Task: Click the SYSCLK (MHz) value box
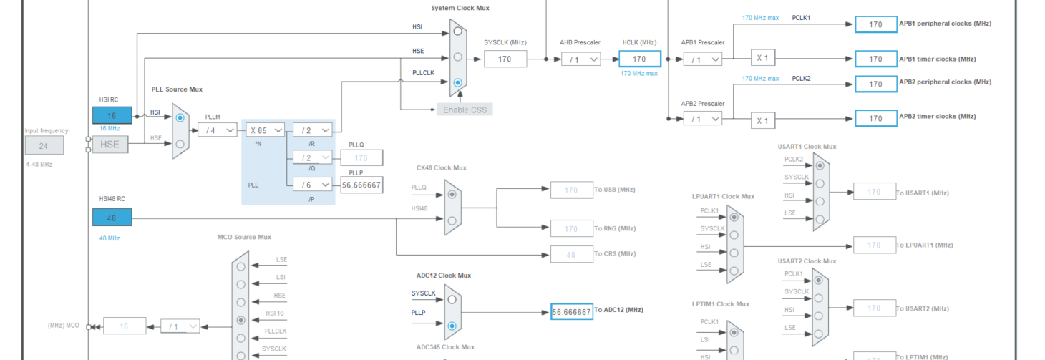pos(505,59)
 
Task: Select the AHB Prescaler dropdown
pos(580,60)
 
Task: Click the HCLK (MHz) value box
pos(639,59)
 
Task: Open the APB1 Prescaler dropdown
pos(701,60)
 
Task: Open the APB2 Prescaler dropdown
pos(701,119)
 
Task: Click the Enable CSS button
pos(465,110)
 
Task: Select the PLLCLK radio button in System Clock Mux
pos(458,82)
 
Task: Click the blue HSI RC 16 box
pos(112,115)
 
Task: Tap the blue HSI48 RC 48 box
pos(112,218)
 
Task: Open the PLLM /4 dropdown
pos(217,130)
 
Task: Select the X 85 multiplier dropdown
pos(265,130)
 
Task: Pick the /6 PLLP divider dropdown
pos(313,185)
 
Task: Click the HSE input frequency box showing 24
pos(44,146)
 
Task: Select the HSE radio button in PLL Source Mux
pos(180,144)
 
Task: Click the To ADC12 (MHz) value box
pos(571,312)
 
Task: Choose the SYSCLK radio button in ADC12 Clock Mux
pos(452,299)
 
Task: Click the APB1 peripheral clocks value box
pos(875,24)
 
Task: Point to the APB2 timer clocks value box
pos(875,119)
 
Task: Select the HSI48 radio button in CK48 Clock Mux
pos(452,220)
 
